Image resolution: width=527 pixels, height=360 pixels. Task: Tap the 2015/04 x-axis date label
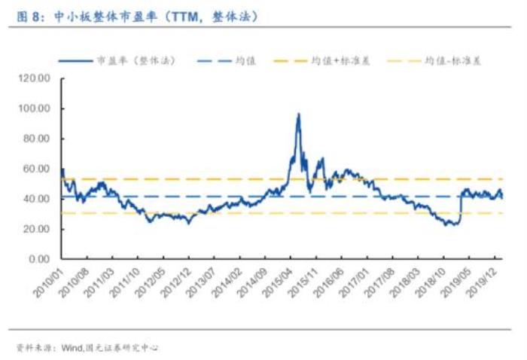[x=279, y=280]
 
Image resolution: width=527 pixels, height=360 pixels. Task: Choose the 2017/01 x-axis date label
[x=357, y=280]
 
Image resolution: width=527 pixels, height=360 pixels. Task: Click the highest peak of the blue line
[x=298, y=114]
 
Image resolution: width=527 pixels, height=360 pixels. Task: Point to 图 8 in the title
[x=28, y=14]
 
